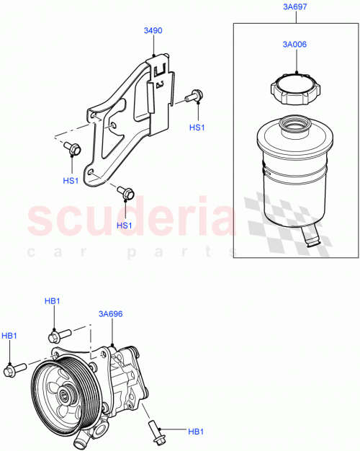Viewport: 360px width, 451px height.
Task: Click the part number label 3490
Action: coord(153,32)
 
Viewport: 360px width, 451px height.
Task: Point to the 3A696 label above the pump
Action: coord(111,315)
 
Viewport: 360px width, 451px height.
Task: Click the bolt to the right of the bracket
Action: coord(194,95)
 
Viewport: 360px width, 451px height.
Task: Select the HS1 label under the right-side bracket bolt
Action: coord(197,127)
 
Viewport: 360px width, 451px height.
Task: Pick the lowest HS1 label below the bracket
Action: coord(125,225)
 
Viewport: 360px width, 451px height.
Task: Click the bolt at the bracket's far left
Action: coord(73,148)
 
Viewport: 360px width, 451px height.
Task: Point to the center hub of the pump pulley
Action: coord(63,395)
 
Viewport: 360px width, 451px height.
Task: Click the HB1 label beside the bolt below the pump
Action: coord(195,432)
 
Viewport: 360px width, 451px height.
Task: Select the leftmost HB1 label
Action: coord(9,336)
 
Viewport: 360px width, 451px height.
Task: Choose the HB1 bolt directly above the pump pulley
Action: coord(58,335)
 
